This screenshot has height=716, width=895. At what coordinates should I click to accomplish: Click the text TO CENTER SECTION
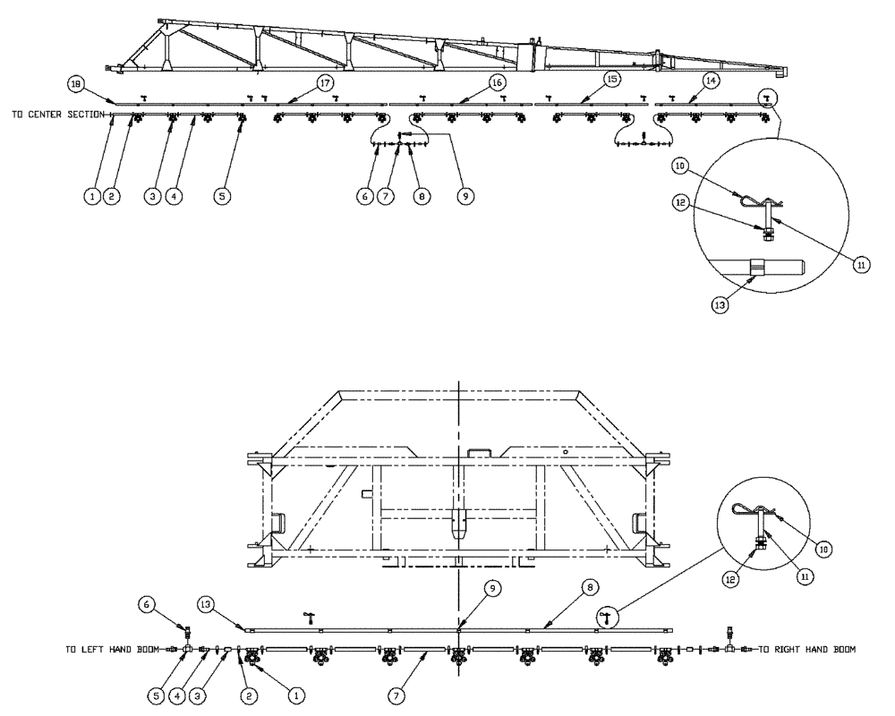pyautogui.click(x=59, y=115)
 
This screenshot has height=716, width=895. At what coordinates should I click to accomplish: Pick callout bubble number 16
pyautogui.click(x=498, y=82)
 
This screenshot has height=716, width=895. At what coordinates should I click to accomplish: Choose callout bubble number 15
pyautogui.click(x=611, y=81)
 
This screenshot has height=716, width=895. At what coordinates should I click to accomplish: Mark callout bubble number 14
pyautogui.click(x=711, y=81)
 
